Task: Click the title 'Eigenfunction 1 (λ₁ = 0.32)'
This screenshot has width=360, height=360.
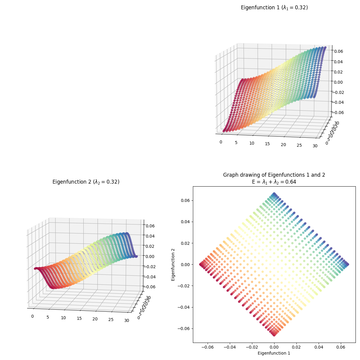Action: (274, 7)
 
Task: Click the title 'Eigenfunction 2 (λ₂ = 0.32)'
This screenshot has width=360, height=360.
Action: (86, 182)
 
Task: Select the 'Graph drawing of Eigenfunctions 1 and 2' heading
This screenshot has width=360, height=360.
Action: (274, 175)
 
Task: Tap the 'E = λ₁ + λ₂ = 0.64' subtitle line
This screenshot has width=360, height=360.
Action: (274, 181)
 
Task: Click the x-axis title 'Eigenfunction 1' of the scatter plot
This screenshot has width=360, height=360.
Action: (274, 353)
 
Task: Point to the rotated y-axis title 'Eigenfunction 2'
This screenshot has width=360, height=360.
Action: (173, 264)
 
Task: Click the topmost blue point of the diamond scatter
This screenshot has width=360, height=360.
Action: (274, 194)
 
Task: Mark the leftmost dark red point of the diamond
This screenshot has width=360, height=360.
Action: (200, 264)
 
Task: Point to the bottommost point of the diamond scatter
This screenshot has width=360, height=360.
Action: (274, 335)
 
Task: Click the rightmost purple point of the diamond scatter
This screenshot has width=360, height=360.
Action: (348, 264)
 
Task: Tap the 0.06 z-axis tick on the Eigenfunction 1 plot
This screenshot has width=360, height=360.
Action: (338, 51)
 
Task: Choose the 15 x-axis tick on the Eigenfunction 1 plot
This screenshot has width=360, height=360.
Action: (267, 144)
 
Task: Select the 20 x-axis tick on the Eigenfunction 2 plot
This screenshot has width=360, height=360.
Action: (95, 319)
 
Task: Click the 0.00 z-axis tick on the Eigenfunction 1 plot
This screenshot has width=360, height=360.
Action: (338, 82)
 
